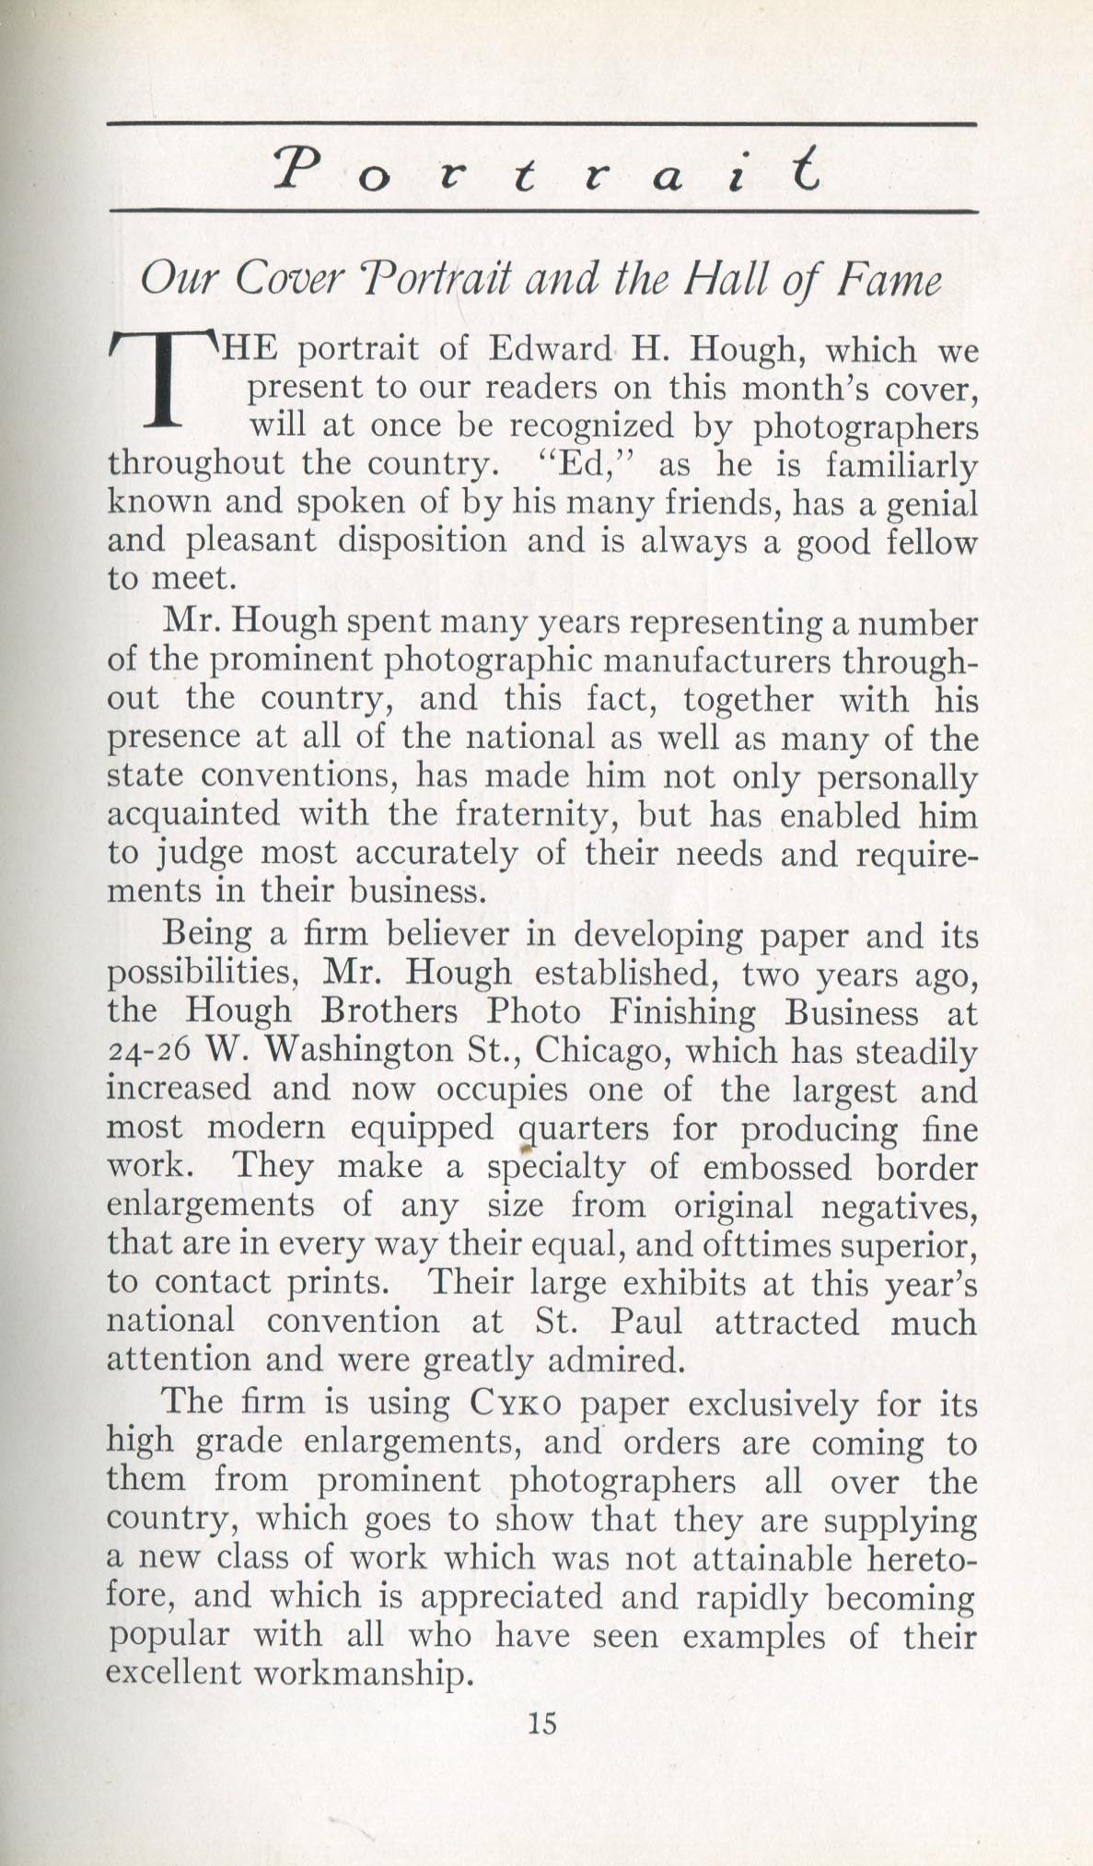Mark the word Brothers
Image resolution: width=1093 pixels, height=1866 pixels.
click(389, 1012)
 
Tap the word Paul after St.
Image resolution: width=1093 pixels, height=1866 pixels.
click(645, 1322)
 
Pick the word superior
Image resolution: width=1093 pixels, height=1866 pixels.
click(908, 1244)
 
